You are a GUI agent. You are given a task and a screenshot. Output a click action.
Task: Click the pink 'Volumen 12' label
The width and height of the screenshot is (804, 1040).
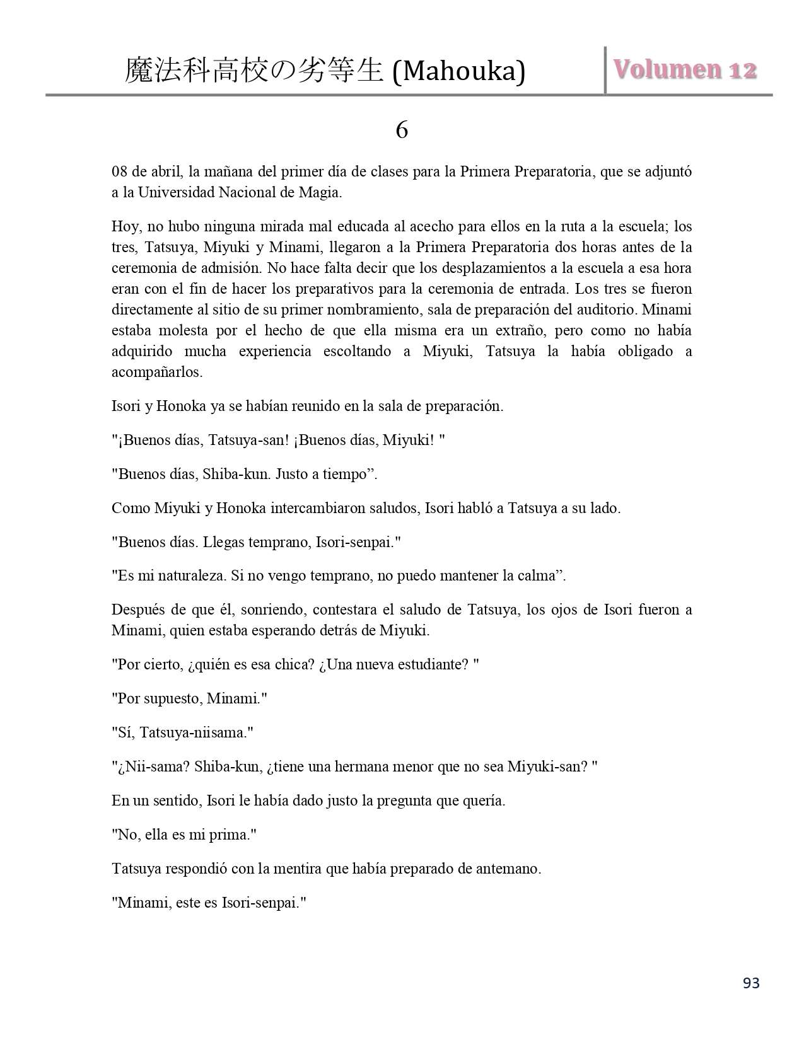(685, 69)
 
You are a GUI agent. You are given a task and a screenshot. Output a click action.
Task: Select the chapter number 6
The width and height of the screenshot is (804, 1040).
(402, 130)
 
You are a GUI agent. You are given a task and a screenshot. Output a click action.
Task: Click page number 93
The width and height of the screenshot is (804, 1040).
(751, 983)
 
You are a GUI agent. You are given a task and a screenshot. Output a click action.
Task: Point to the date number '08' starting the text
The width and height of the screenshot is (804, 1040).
(120, 172)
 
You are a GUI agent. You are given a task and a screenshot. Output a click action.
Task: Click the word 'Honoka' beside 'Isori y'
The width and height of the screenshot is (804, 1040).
(181, 406)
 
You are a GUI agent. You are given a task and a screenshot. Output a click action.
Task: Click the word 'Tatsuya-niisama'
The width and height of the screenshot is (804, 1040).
(194, 733)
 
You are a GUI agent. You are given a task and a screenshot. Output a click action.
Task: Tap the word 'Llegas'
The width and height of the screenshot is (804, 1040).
(227, 542)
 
